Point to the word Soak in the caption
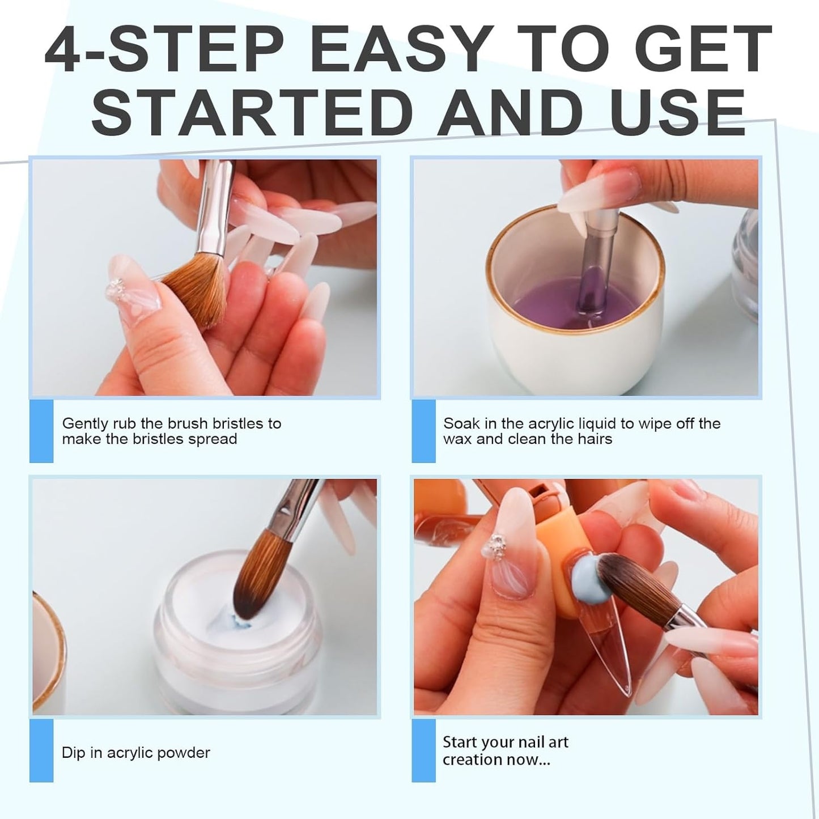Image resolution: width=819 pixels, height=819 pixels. coord(460,423)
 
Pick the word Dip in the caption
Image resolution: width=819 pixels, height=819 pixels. coord(73,753)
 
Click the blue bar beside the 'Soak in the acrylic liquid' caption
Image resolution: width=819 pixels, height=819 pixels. coord(423,431)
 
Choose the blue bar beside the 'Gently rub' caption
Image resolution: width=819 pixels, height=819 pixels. coord(41,431)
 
